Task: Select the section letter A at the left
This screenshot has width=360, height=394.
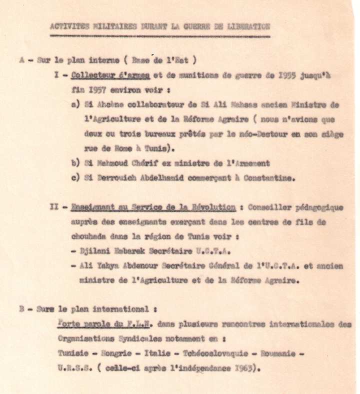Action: click(x=22, y=60)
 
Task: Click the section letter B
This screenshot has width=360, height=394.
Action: click(x=22, y=309)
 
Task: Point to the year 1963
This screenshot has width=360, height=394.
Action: click(x=242, y=368)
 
